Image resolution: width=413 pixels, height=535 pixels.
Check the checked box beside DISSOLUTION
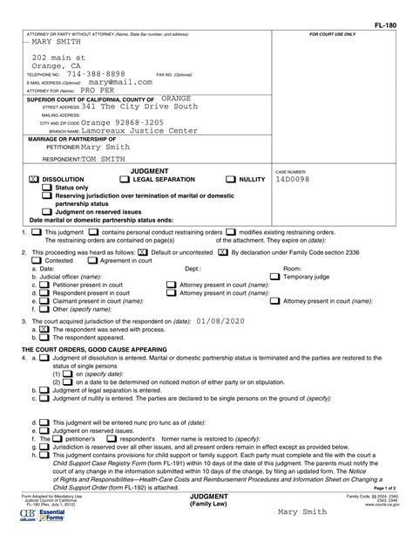point(34,179)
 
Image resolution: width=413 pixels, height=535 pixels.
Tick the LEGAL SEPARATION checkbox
point(125,179)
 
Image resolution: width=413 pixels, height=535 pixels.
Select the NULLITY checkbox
point(231,179)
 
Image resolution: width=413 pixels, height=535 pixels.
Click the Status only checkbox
point(47,188)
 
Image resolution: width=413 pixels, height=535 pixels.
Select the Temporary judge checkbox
point(275,277)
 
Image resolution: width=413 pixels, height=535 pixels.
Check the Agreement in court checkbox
point(93,260)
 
